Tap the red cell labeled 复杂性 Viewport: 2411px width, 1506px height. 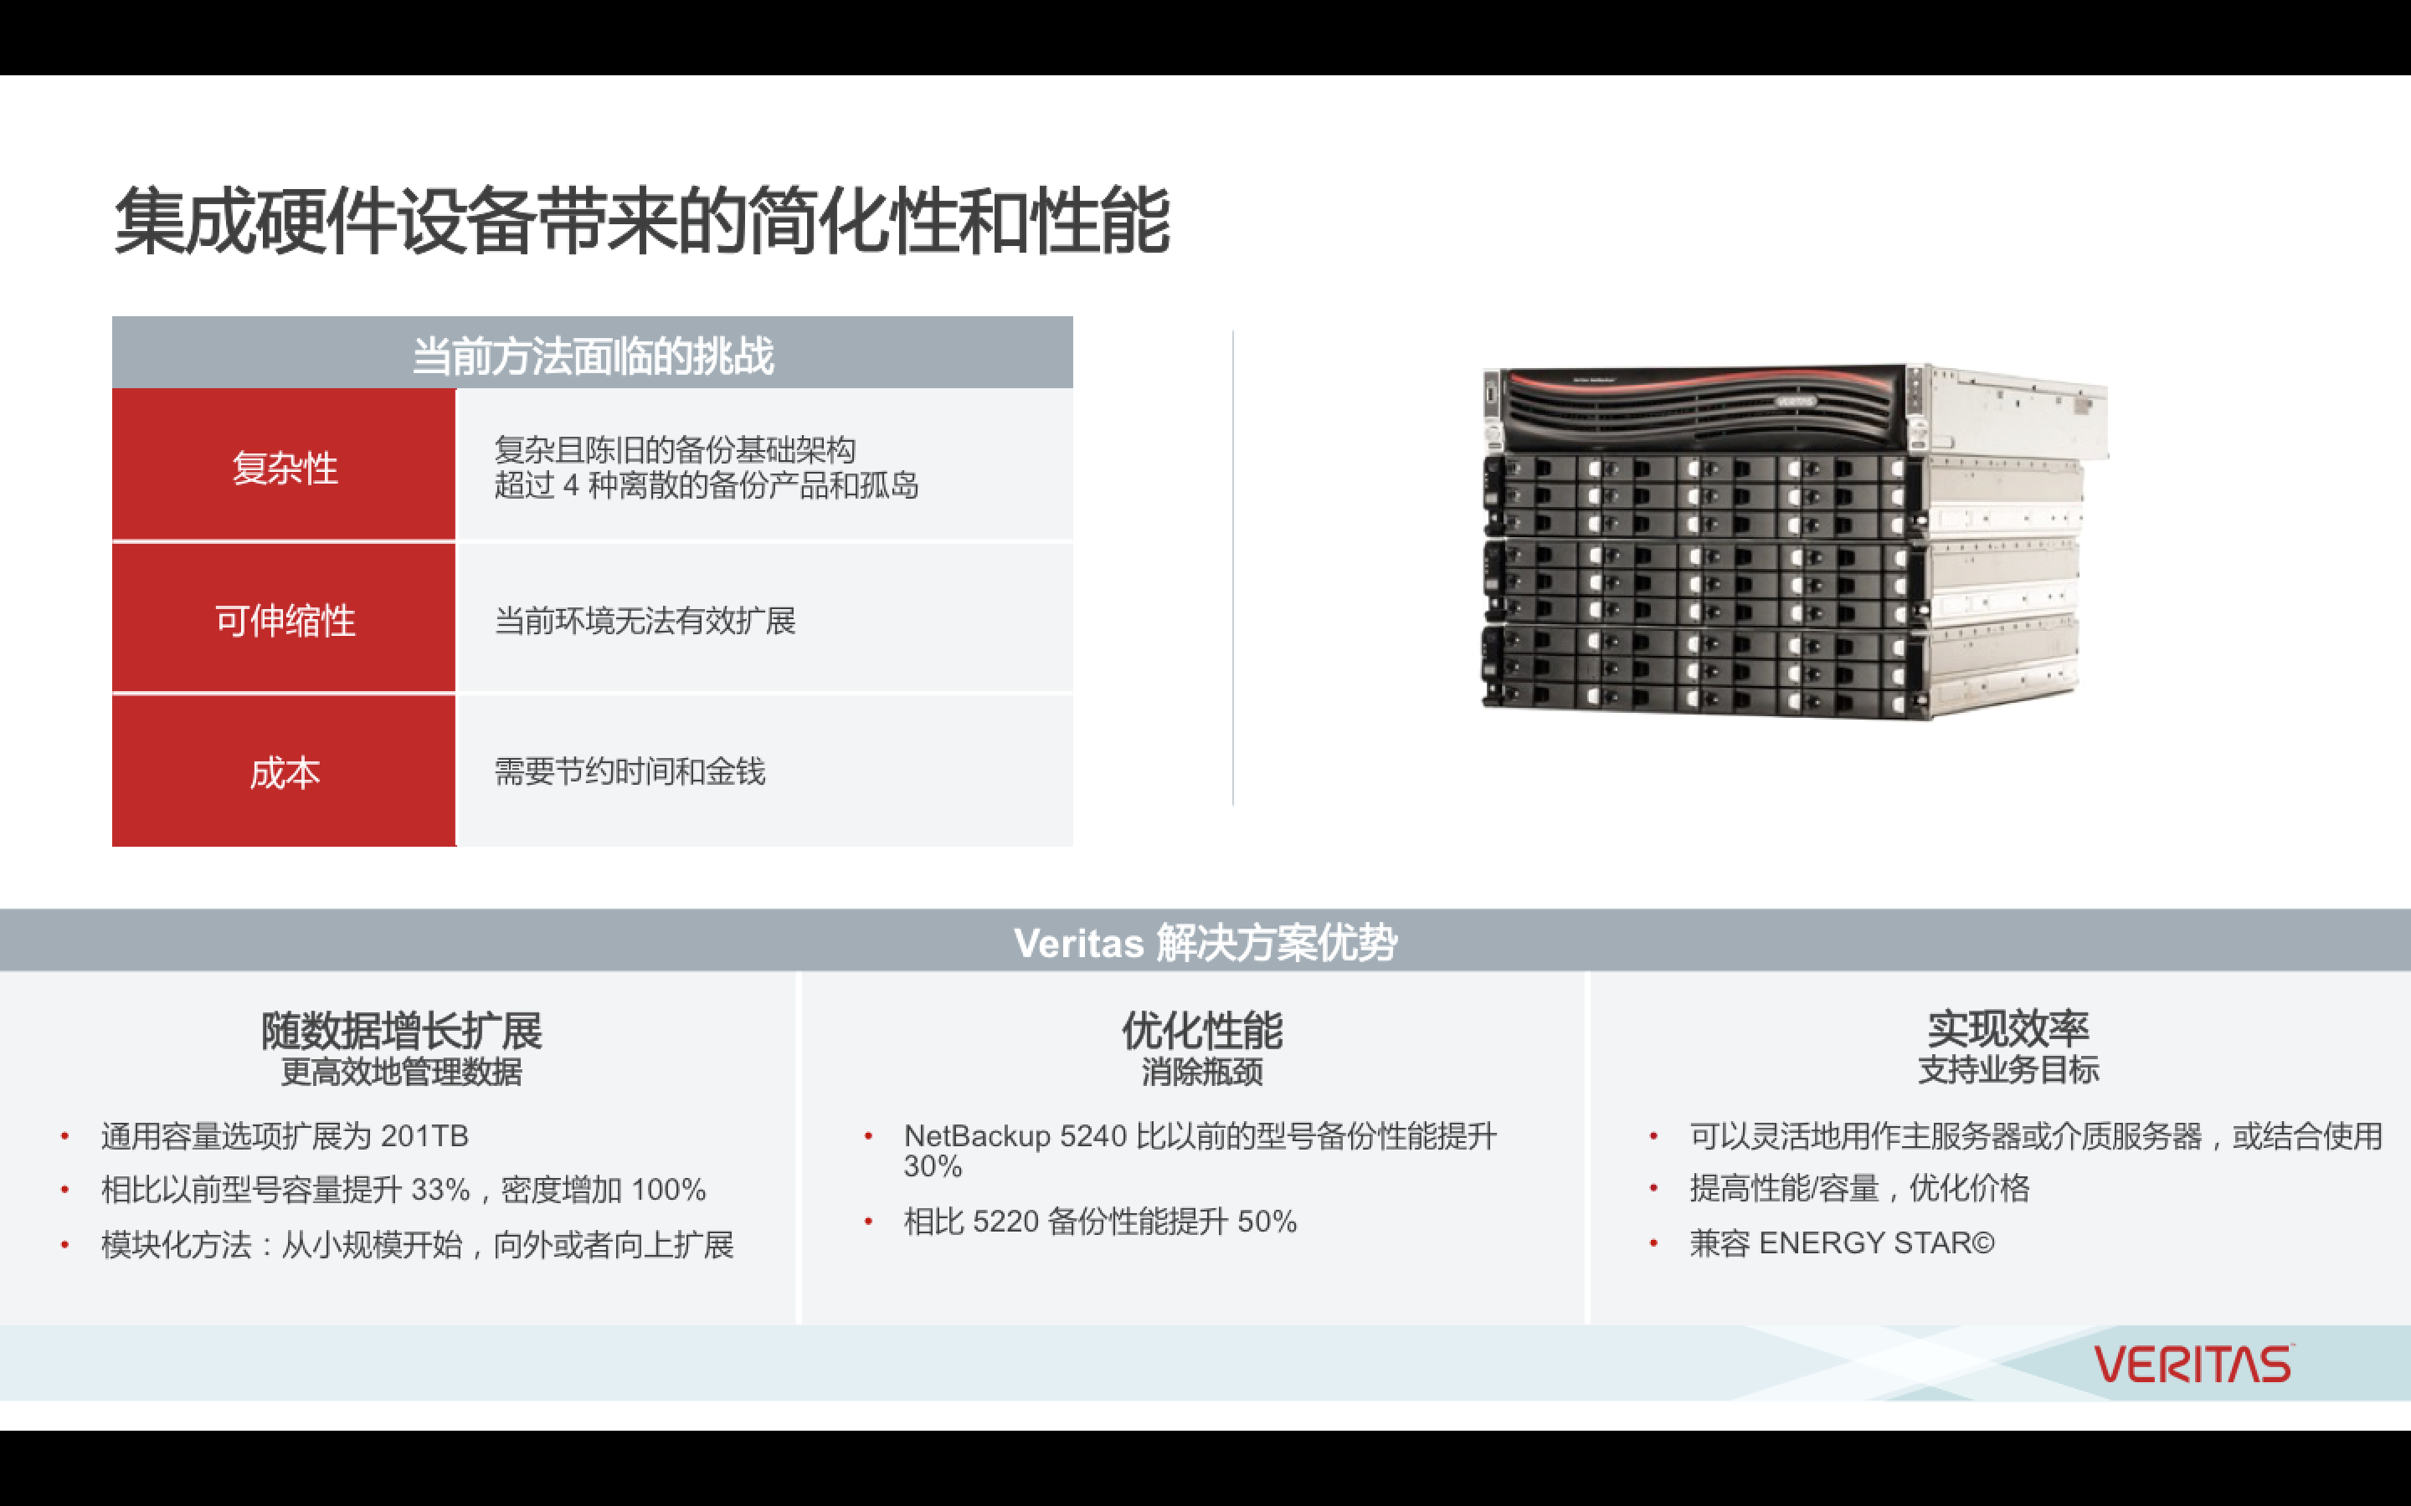click(284, 465)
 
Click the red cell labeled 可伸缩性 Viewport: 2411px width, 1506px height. click(284, 618)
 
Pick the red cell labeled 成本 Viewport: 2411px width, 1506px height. click(284, 771)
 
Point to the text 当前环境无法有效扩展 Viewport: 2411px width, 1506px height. click(645, 621)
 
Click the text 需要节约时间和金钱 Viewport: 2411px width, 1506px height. click(630, 771)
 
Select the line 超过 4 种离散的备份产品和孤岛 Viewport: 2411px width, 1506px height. click(707, 485)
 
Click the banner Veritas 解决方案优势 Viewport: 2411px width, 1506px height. click(1205, 941)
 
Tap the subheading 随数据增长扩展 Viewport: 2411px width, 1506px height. click(402, 1030)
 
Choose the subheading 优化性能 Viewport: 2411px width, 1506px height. click(1202, 1030)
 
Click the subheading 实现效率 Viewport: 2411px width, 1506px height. click(2008, 1028)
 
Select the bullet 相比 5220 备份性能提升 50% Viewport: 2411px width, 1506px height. click(1100, 1222)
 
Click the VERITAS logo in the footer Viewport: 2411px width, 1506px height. click(2193, 1365)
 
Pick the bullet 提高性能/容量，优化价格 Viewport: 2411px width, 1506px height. click(1859, 1188)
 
